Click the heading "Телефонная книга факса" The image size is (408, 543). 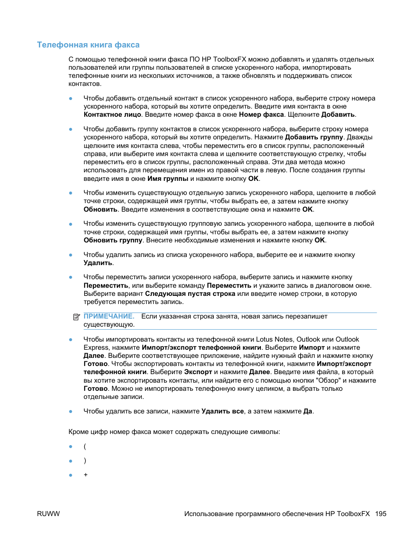point(88,45)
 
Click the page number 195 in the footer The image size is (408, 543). point(381,513)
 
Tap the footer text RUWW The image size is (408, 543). point(48,513)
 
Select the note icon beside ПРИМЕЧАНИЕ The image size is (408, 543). point(77,317)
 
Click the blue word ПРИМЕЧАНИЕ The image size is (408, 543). point(109,316)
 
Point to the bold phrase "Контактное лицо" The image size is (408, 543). point(112,115)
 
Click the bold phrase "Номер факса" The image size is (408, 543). point(261,115)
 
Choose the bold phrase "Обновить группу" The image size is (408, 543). point(113,240)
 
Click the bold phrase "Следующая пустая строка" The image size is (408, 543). point(190,294)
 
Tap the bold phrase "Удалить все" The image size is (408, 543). point(222,411)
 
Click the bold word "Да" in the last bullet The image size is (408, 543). point(307,411)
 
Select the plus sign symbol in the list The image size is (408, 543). point(86,475)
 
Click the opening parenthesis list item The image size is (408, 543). point(85,446)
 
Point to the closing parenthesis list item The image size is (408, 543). point(85,460)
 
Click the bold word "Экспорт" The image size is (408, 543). point(198,372)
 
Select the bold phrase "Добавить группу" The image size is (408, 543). point(314,137)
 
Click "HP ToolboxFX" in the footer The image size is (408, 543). point(347,513)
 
